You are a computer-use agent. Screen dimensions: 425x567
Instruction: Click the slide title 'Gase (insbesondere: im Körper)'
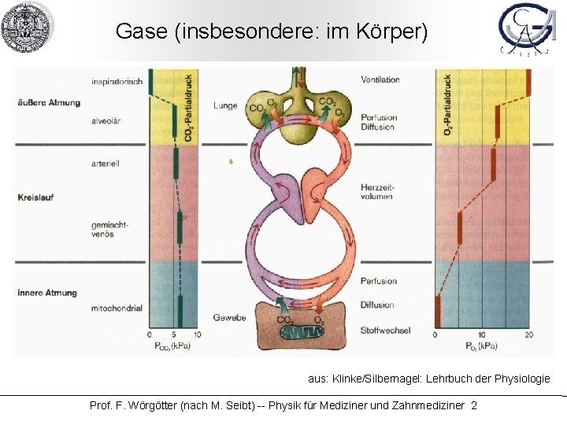(x=272, y=31)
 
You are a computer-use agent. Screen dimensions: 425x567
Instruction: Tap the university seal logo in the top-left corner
(x=26, y=28)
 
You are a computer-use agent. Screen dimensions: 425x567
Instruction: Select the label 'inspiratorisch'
(x=117, y=81)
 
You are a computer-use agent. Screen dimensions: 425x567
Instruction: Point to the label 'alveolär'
(x=105, y=122)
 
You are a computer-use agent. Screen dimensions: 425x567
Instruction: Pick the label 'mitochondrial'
(x=117, y=308)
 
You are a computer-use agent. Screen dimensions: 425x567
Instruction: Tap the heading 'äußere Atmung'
(x=49, y=102)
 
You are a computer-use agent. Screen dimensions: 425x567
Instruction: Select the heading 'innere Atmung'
(x=47, y=293)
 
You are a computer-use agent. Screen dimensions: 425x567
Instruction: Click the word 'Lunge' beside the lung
(x=224, y=105)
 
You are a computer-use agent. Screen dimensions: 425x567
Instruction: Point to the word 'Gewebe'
(x=229, y=317)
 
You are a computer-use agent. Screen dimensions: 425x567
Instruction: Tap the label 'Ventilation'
(x=380, y=79)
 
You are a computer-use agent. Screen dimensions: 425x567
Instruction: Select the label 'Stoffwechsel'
(x=385, y=330)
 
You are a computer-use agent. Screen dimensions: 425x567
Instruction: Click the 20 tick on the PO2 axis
(x=528, y=335)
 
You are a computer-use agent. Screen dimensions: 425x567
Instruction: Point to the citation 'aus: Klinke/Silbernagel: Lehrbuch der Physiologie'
(x=428, y=379)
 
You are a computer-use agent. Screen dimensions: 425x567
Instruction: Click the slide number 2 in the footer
(x=473, y=405)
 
